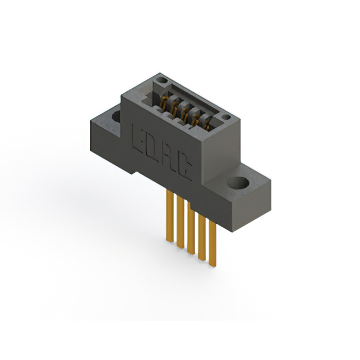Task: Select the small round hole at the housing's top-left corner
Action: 162,81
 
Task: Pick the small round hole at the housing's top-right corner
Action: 226,118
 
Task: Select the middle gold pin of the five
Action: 191,229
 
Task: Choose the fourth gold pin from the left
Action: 201,236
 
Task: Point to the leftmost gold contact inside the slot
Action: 164,103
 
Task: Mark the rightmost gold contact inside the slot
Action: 208,123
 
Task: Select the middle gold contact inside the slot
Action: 185,112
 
